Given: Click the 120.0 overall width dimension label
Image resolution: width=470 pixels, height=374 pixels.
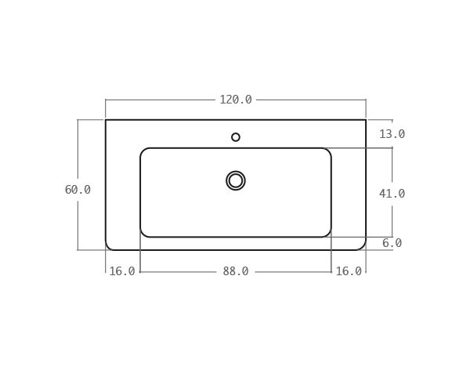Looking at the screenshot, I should coord(236,100).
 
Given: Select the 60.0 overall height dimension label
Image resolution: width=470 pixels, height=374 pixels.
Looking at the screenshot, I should coord(78,190).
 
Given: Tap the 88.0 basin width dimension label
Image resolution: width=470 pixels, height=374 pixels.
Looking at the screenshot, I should coord(236,271).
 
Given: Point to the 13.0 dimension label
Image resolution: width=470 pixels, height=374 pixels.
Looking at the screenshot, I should coord(392,134).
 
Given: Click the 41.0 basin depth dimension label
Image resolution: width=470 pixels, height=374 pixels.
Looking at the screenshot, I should coord(392,194).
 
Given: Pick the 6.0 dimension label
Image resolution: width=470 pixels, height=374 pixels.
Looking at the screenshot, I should coord(392,243).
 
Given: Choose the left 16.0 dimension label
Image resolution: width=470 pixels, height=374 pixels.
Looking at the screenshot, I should coord(121,271).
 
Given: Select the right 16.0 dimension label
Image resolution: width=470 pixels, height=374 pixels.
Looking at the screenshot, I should coord(349,271).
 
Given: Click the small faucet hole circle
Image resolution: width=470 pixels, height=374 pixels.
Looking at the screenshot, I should coord(236,137).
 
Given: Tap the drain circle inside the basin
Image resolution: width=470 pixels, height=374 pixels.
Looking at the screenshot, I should coord(236,180).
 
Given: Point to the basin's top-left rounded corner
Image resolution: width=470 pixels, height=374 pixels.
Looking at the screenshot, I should coord(143,151).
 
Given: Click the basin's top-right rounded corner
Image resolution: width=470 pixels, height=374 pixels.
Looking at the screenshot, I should coord(328,151).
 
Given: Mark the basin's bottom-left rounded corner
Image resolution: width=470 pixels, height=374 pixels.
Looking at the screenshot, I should coord(143,234).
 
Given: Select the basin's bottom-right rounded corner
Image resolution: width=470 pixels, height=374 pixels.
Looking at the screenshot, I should coord(328,234).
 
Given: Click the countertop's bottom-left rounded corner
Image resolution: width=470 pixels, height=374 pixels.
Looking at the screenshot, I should coord(108,247).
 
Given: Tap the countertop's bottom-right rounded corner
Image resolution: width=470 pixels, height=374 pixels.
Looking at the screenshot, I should coord(363,247).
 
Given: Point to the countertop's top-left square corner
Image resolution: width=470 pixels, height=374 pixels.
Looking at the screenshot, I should coord(106,120).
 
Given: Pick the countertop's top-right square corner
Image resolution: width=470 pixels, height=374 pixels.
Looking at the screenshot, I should coord(366,120).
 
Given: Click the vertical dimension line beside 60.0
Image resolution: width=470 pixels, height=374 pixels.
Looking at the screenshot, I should coord(78,157).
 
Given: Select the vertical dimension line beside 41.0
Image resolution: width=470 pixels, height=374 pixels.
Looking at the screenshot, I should coord(392,169).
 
